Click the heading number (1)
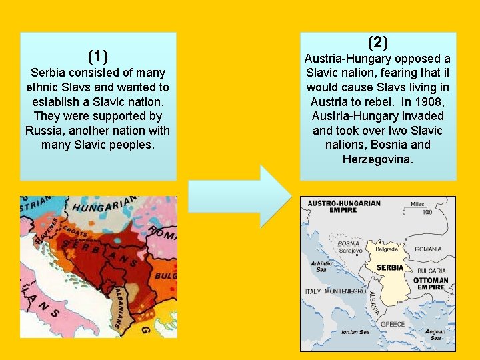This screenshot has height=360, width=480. coord(98,55)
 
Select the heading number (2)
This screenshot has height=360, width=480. coord(377,43)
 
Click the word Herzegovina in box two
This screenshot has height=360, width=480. coord(377,159)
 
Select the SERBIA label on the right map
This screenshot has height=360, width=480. coord(390,267)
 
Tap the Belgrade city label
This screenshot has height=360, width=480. coord(387,249)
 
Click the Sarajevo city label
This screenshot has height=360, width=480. coord(351,251)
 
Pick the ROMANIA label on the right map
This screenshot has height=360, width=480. coord(427,249)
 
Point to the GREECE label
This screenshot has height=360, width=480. coord(393,324)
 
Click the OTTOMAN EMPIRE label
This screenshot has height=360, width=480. coord(431,284)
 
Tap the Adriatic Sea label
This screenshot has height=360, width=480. coord(321,267)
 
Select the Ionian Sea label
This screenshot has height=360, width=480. coord(355,332)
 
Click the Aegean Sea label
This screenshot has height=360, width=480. coord(435,335)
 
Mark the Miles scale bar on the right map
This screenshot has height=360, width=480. coord(417,208)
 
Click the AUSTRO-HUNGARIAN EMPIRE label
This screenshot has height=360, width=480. coord(344,207)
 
